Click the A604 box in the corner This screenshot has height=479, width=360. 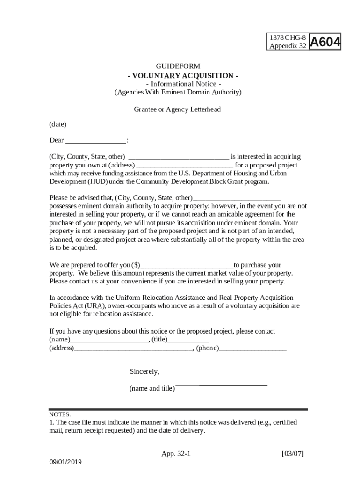(325, 42)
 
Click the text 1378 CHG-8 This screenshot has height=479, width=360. (288, 37)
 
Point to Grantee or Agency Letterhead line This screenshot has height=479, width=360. (177, 109)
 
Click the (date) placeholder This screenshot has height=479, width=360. (58, 124)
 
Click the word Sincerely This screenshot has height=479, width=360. (144, 372)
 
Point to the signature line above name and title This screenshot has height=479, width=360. (221, 385)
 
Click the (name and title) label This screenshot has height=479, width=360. (152, 388)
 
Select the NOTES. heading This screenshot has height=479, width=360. (60, 414)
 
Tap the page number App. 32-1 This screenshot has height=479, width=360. (176, 454)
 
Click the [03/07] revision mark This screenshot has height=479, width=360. (293, 454)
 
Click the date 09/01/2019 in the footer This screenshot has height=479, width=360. (66, 462)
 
